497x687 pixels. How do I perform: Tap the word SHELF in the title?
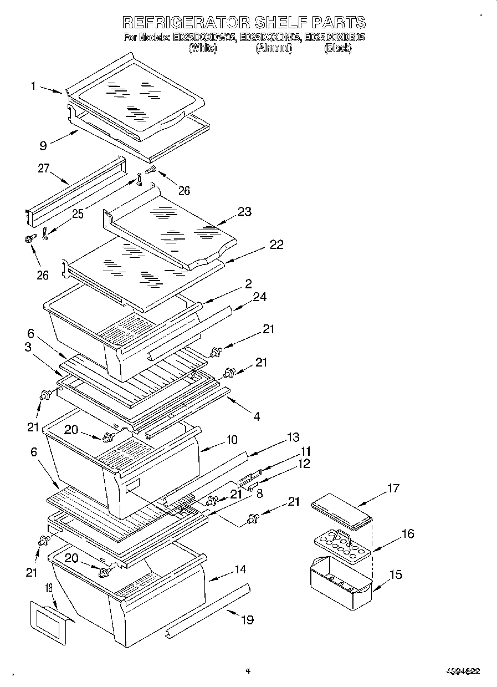pos(280,22)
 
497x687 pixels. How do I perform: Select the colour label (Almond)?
pos(273,48)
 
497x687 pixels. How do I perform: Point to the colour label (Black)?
pos(337,48)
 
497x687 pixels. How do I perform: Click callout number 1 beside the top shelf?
pos(34,85)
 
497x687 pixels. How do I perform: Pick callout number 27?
pos(44,169)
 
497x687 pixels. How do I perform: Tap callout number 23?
pos(244,211)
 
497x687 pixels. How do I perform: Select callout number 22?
pos(276,245)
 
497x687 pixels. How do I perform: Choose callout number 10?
pos(231,440)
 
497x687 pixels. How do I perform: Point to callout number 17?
pos(392,488)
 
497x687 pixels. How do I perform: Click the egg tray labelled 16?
pos(337,544)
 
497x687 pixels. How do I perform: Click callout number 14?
pos(239,569)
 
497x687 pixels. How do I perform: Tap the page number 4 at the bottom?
pos(248,670)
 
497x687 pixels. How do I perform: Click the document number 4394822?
pos(463,671)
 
